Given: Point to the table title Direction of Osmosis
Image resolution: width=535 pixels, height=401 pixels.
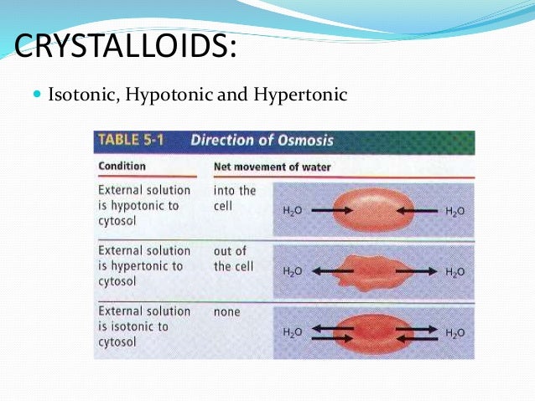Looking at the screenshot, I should coord(262,141).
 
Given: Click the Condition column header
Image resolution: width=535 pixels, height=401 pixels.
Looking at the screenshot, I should coord(122,166).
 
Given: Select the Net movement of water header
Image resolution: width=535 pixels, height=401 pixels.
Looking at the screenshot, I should coord(272,167).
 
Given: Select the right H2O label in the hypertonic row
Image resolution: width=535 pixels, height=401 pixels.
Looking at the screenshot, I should coord(454,272).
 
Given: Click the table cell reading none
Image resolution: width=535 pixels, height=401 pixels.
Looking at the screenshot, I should coord(226,311).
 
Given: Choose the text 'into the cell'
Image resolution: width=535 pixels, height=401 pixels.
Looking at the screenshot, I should coord(235,198).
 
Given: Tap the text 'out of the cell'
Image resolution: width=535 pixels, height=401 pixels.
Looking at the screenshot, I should coord(233,259).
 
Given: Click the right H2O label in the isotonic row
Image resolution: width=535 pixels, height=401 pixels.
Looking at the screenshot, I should coord(454,333).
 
